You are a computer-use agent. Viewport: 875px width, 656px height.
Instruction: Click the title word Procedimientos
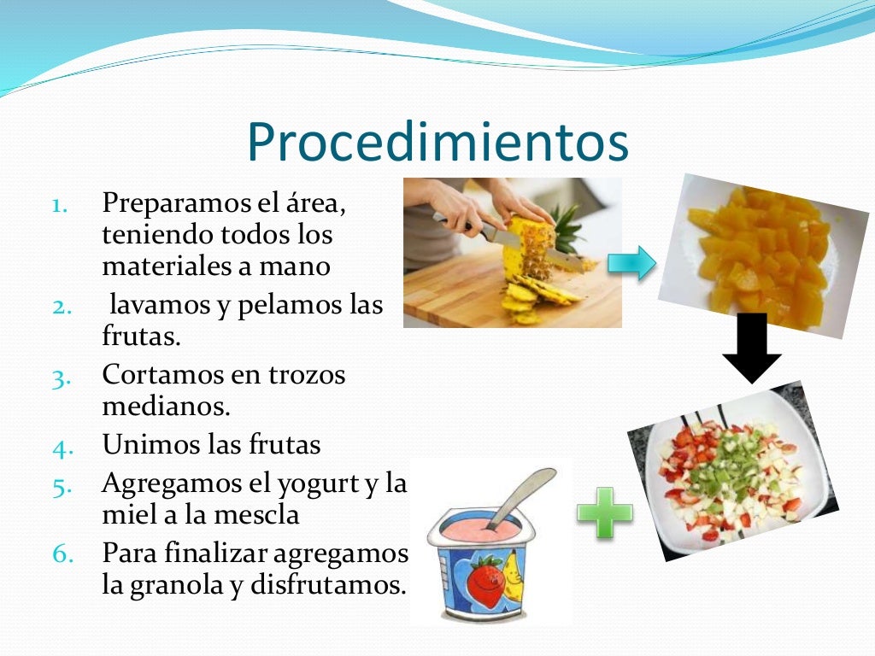tap(437, 143)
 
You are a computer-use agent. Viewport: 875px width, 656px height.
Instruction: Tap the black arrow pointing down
tap(752, 346)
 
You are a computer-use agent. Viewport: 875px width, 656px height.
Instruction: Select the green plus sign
tap(605, 512)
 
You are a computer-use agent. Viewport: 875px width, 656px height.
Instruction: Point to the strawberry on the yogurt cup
tap(485, 581)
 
